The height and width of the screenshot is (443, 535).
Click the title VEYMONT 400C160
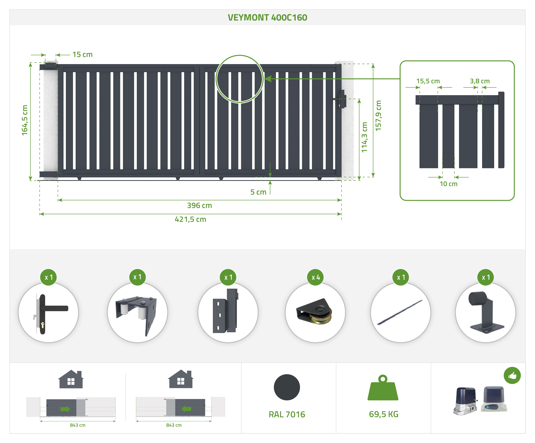[267, 18]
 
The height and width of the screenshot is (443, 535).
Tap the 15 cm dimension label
[82, 55]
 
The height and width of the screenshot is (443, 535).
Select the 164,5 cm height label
[25, 120]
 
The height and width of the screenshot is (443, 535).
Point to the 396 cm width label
[199, 206]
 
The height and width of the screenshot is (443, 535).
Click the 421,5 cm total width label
[190, 219]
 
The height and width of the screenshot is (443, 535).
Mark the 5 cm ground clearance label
[258, 192]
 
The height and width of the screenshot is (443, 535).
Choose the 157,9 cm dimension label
[379, 116]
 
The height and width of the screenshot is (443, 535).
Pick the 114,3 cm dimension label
[365, 137]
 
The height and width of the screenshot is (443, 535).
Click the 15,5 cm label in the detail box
[428, 81]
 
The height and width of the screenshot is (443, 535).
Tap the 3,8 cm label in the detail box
[480, 81]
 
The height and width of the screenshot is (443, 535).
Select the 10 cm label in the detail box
[448, 184]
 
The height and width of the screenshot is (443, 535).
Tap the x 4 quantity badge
[315, 277]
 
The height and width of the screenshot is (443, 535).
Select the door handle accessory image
[48, 312]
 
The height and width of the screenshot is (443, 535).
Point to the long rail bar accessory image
[400, 312]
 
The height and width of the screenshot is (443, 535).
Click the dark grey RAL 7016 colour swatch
[287, 387]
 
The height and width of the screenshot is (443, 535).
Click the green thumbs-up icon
[512, 375]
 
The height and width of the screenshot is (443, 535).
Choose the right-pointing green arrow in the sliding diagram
[65, 409]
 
